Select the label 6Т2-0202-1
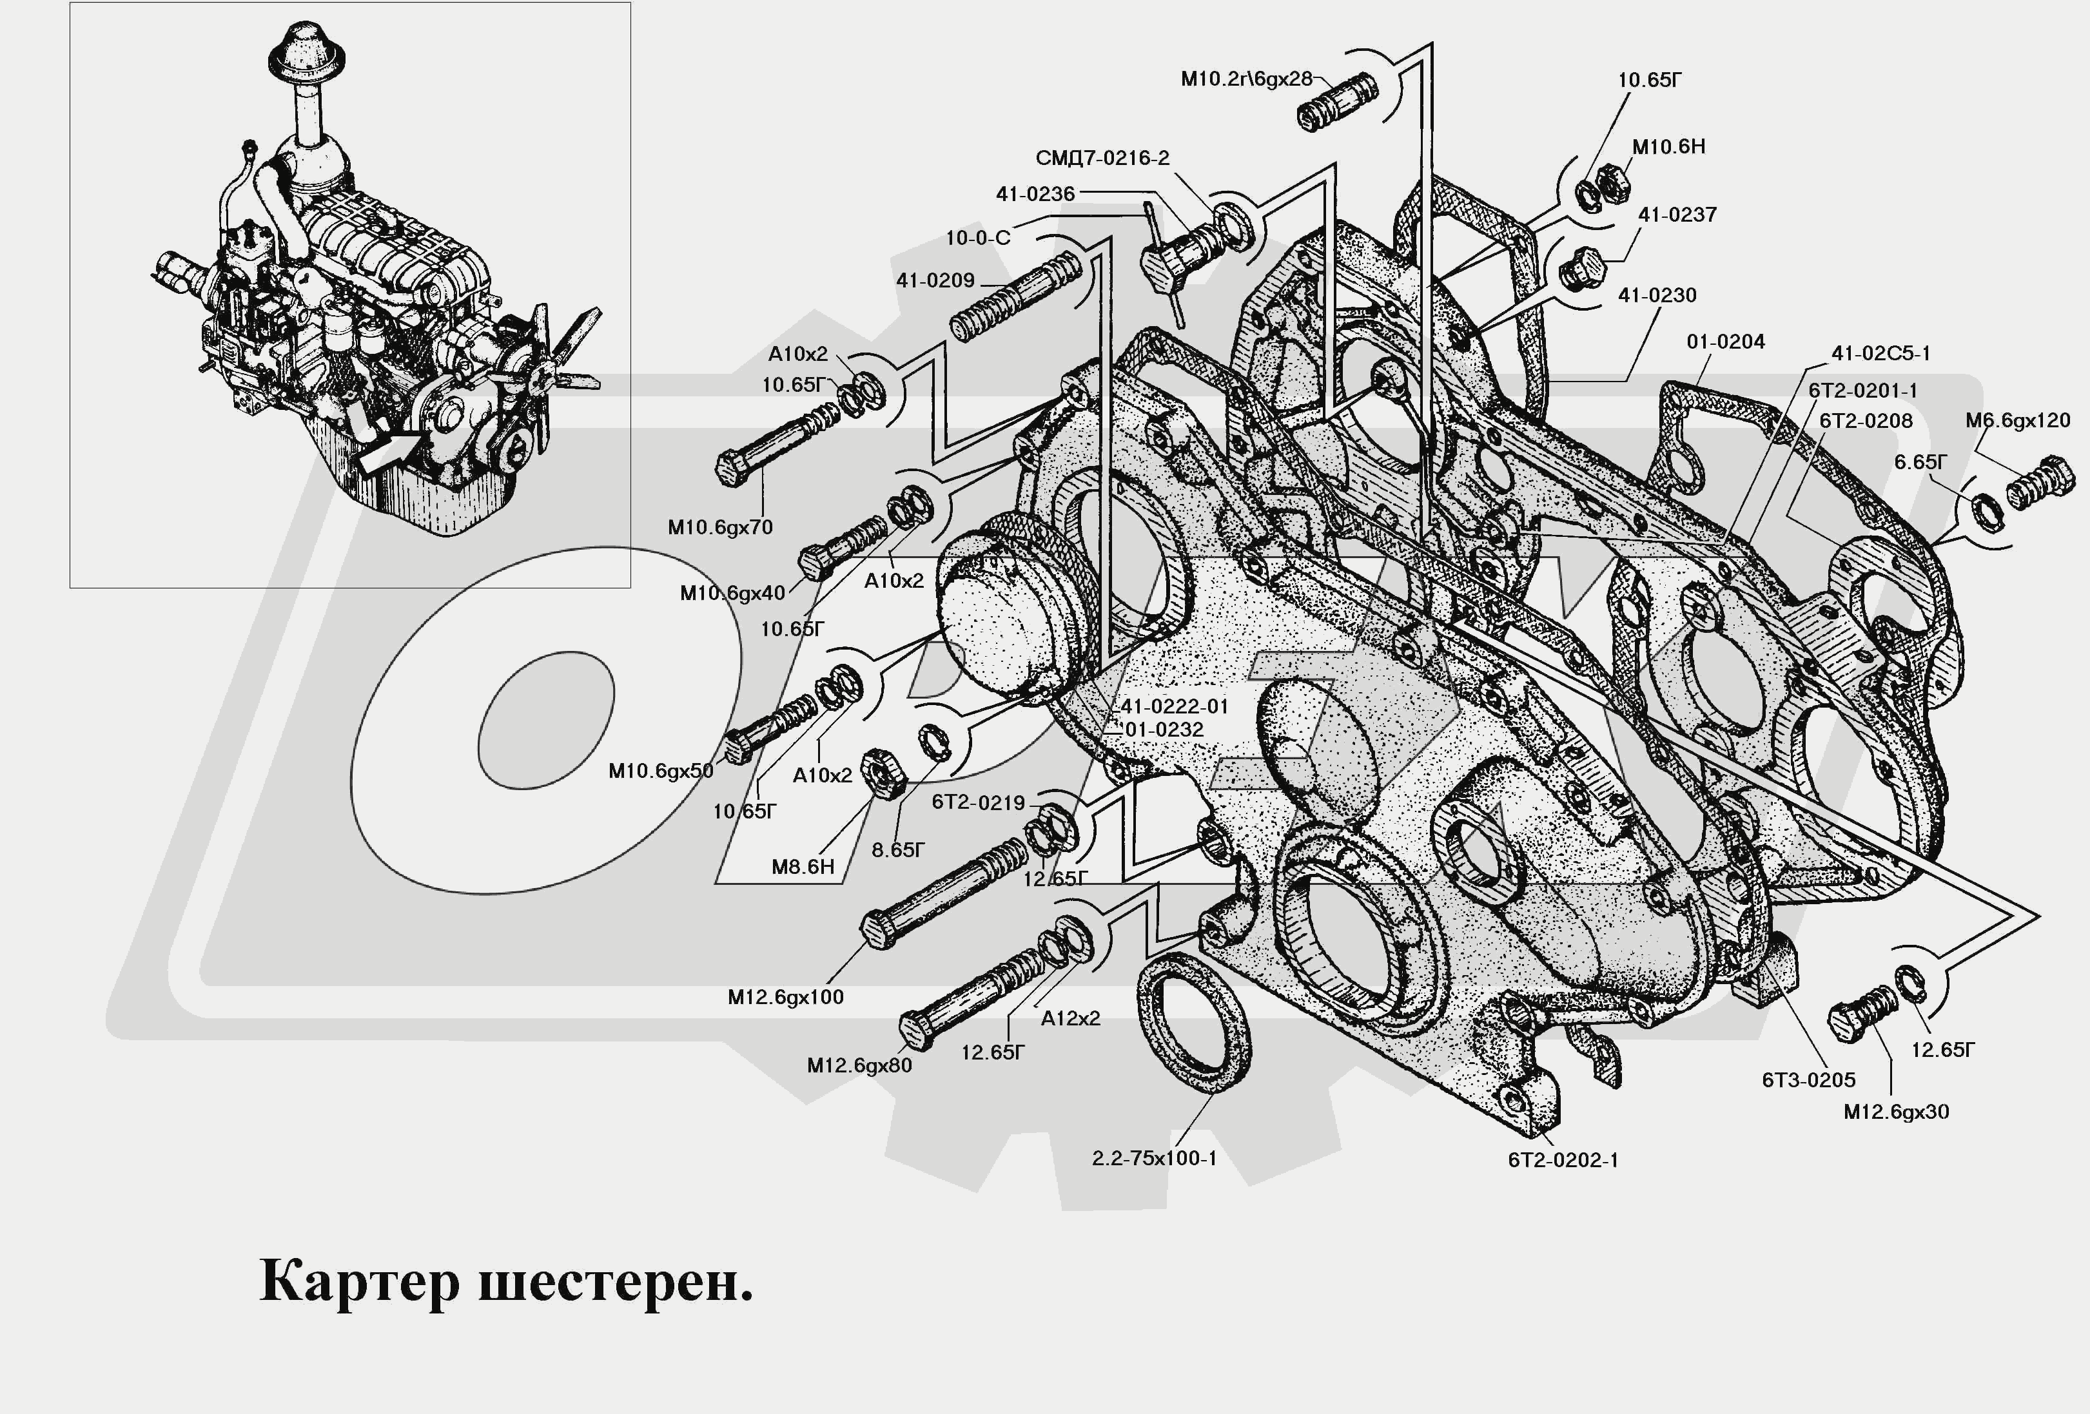(1563, 1161)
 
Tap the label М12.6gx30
(1896, 1112)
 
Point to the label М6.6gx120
(2017, 421)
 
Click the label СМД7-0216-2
(1102, 158)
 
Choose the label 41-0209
(935, 280)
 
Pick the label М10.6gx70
(719, 528)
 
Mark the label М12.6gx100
(785, 997)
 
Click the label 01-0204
(1725, 342)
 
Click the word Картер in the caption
(359, 1283)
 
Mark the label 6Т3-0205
(1808, 1080)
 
